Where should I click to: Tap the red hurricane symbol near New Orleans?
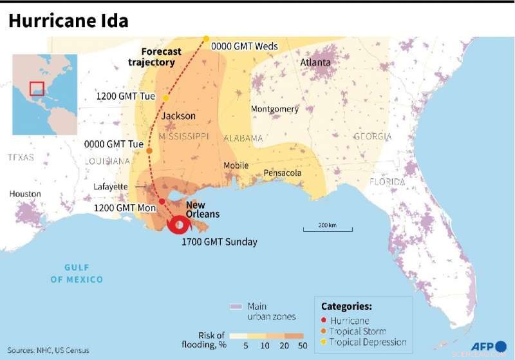[x=177, y=225]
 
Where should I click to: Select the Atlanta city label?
[x=315, y=62]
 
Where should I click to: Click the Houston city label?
[x=25, y=194]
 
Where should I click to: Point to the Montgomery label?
[x=274, y=109]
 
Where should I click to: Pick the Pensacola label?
[x=282, y=173]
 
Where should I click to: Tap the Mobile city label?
[x=236, y=166]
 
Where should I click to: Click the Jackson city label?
[x=178, y=116]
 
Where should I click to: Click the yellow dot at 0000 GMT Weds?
[x=206, y=39]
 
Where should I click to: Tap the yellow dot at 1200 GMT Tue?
[x=165, y=98]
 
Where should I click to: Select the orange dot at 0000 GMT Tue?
[x=149, y=151]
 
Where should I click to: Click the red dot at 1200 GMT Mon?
[x=162, y=202]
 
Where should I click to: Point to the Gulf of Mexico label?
[x=77, y=274]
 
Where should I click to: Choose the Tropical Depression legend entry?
[x=367, y=342]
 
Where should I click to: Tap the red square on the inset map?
[x=37, y=88]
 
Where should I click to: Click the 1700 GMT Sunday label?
[x=219, y=242]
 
